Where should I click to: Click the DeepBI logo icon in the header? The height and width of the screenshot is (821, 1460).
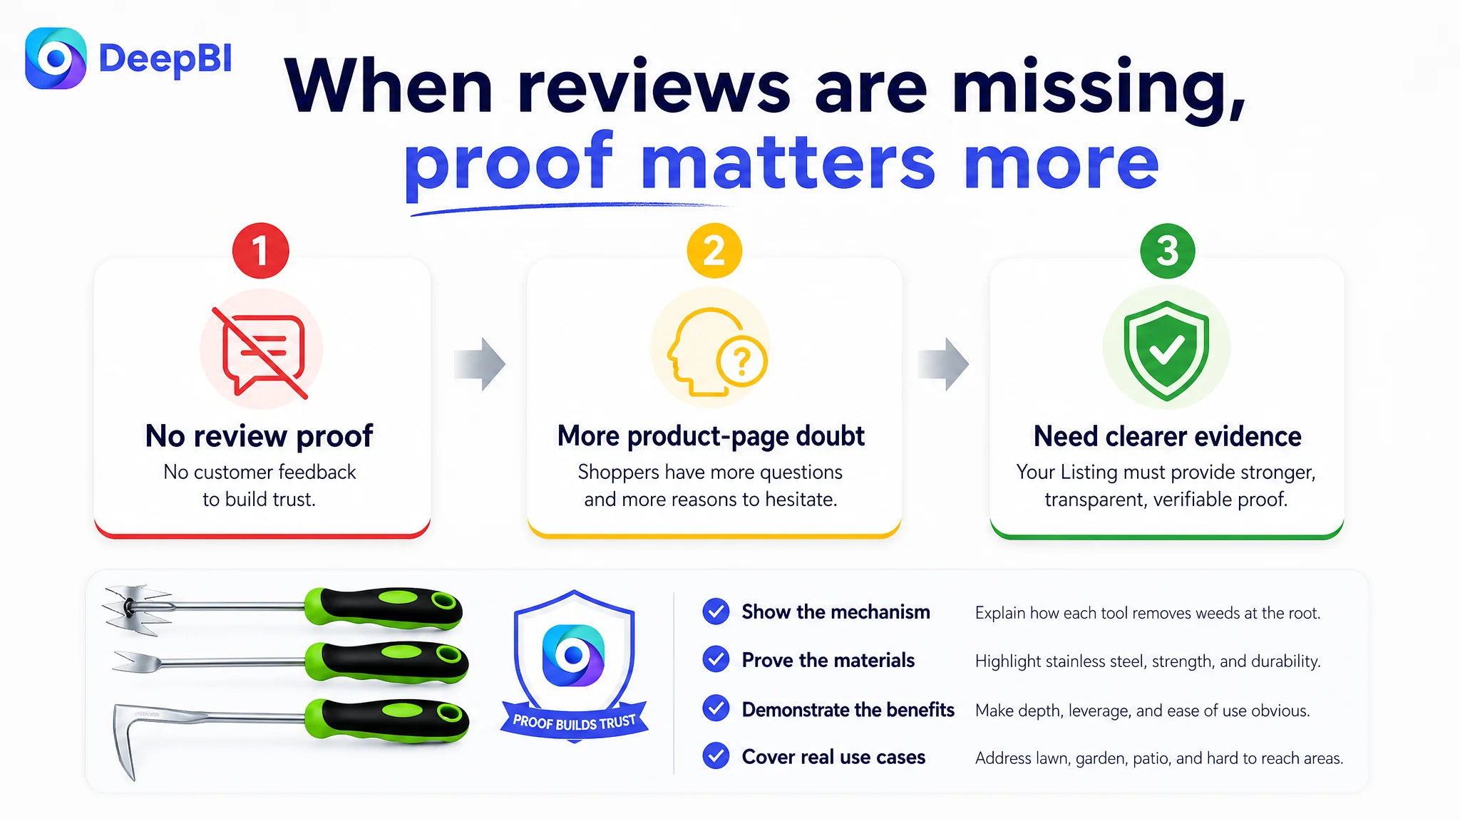pos(56,58)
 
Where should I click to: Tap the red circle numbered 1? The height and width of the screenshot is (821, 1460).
pos(261,251)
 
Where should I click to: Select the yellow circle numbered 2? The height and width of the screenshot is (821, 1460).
pos(714,251)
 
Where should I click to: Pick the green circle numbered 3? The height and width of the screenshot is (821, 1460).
pos(1168,251)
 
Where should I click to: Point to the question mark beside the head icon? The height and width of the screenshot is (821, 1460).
pos(742,361)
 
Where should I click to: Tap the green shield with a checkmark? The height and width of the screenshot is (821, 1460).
pos(1166,350)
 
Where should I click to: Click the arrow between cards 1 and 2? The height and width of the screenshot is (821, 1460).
pos(480,364)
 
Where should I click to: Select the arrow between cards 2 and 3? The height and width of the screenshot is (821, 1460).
pos(943,364)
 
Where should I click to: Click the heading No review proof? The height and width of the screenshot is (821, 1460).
pos(259,436)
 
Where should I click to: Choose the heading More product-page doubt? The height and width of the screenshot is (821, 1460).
pos(711,436)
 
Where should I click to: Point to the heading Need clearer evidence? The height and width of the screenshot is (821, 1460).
pos(1167,436)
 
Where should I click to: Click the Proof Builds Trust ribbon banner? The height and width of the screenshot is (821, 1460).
pos(575,722)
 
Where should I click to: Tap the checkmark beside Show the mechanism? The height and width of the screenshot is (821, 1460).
pos(716,611)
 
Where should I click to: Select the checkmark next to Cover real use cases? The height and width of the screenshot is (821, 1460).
pos(716,756)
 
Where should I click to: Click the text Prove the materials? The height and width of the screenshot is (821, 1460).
pos(828,661)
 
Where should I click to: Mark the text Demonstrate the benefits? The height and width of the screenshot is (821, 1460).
pos(848,710)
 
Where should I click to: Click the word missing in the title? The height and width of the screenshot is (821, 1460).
pos(1099,88)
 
